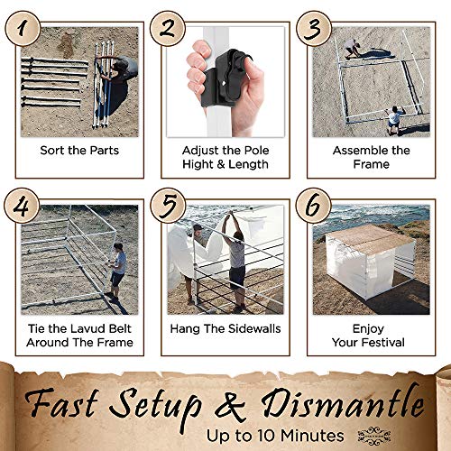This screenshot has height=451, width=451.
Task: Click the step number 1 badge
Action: point(23,29)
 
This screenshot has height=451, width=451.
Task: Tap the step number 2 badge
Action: point(168,29)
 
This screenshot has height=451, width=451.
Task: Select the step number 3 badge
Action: point(314,29)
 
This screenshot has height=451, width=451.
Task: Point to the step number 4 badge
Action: point(22,206)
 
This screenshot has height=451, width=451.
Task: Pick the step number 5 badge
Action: point(168,206)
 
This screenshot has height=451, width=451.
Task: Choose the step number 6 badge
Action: point(314,206)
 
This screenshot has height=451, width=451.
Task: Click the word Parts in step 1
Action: point(105,151)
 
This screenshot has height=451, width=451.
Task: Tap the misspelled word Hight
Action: point(198,164)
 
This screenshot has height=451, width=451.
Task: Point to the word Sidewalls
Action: point(253,328)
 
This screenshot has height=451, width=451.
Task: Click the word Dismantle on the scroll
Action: point(343,403)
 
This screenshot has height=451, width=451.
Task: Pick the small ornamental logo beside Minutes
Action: point(374,436)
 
